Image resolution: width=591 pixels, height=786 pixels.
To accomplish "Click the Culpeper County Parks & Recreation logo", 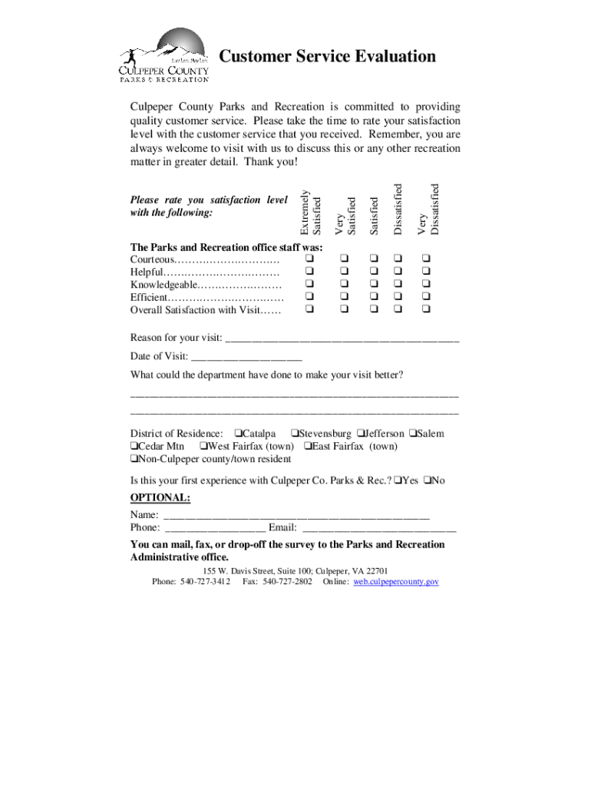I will (x=163, y=55).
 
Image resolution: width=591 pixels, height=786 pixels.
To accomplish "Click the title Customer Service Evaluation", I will (x=328, y=57).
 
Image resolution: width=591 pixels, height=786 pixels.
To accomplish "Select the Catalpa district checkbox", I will (x=239, y=434).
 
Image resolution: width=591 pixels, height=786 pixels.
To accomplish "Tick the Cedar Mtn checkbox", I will (x=134, y=446).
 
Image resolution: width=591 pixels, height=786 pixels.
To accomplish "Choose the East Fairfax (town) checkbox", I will (x=308, y=446).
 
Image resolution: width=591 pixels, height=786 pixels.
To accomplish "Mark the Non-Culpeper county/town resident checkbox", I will (x=134, y=459).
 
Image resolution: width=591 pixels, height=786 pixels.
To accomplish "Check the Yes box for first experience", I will (x=398, y=481).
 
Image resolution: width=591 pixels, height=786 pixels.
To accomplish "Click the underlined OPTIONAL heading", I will (x=160, y=497).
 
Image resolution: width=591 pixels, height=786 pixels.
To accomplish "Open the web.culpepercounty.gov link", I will (x=396, y=582).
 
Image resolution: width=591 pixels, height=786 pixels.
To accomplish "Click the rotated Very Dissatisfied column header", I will (x=428, y=208).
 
